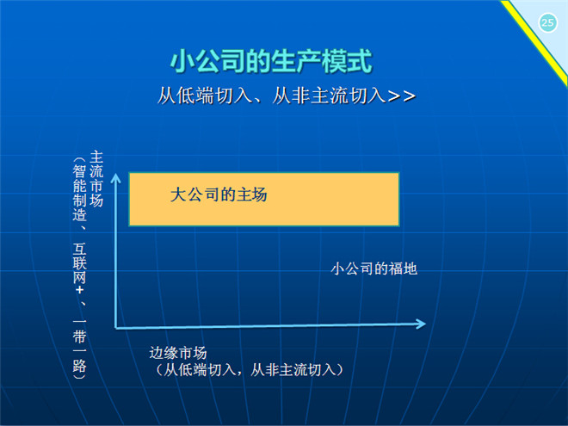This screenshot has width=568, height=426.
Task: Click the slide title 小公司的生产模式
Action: tap(271, 61)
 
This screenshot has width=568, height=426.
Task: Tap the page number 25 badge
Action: tap(547, 23)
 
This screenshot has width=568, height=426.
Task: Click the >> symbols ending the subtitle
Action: tap(401, 96)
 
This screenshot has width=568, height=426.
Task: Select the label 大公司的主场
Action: tap(219, 194)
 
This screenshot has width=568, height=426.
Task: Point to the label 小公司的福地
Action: tap(374, 269)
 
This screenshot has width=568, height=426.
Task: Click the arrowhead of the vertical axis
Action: tap(115, 177)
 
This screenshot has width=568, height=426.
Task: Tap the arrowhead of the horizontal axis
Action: tap(421, 324)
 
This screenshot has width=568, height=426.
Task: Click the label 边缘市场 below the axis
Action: tap(178, 353)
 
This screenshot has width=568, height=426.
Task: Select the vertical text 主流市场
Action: tap(96, 179)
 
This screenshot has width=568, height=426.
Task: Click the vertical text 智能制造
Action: tap(79, 193)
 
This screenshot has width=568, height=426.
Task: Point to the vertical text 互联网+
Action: tap(79, 269)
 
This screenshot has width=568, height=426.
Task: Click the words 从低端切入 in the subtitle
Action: tap(205, 96)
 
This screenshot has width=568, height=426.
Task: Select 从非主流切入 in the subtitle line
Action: tap(329, 96)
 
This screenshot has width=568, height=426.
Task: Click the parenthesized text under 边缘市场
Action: tap(250, 370)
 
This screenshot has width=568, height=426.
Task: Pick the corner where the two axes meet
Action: tap(116, 328)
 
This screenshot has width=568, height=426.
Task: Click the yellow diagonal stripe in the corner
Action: tap(534, 44)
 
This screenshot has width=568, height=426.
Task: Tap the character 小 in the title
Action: tap(182, 61)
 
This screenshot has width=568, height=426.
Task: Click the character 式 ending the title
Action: tap(360, 61)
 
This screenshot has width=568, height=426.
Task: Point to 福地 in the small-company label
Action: tap(403, 269)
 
